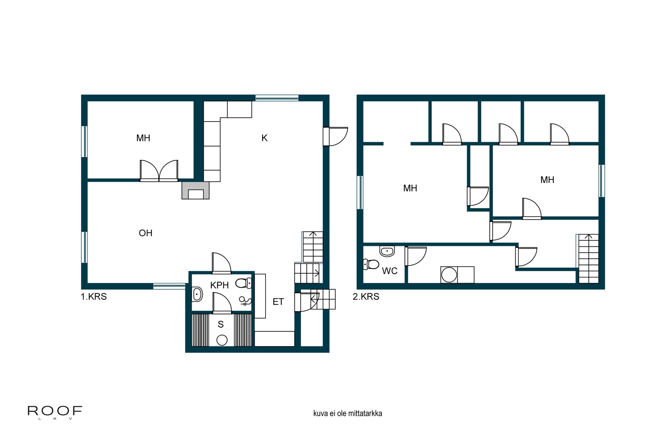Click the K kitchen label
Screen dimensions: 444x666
click(264, 138)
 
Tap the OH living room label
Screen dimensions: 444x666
click(146, 233)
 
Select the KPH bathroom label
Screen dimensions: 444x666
click(220, 285)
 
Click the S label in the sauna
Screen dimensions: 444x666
click(221, 324)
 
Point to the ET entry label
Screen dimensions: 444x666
click(278, 302)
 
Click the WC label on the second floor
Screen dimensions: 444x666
click(390, 271)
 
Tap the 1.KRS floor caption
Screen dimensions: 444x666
click(94, 297)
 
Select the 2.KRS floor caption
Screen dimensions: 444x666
click(366, 297)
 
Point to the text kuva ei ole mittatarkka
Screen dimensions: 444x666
click(347, 413)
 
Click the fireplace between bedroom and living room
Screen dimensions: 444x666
click(195, 190)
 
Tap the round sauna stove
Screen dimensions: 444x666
click(222, 340)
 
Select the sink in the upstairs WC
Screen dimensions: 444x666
click(387, 251)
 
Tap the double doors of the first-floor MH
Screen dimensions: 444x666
click(159, 171)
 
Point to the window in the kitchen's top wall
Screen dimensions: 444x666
click(277, 98)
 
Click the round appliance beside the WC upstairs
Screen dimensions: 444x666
click(449, 275)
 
